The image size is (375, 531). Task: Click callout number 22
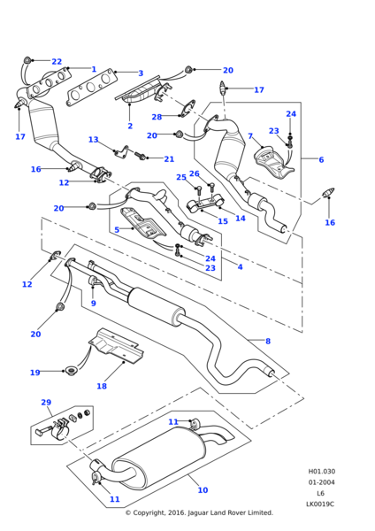coord(57,61)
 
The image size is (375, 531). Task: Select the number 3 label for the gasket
coord(141,73)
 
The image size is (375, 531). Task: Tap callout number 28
coord(157,117)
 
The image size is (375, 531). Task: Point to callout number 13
coord(94,140)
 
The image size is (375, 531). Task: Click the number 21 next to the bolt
coord(169,158)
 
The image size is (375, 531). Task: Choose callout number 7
coord(250,135)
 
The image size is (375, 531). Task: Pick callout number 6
coord(321,159)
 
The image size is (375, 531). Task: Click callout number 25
coord(181,177)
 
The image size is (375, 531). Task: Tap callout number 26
coord(195,173)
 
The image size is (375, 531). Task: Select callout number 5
coord(117,229)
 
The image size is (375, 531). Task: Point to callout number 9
coord(94,303)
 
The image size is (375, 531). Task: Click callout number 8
coord(268,341)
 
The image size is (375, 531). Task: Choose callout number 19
coord(35,373)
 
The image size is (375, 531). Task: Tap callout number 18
coord(102,386)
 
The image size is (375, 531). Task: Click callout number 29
coord(46,403)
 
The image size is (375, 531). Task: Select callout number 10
coord(203,489)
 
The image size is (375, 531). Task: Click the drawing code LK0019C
coord(320,504)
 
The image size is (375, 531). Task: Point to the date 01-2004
coord(321,482)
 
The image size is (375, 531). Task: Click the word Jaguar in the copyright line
coord(199,512)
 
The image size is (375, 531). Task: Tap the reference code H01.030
coord(322,472)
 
